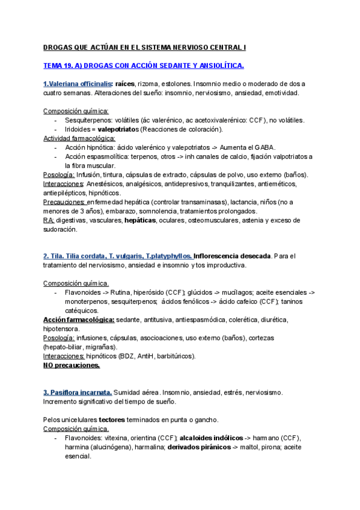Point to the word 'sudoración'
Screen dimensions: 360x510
60,229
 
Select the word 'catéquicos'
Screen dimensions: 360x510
82,310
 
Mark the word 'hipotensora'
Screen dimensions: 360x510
62,328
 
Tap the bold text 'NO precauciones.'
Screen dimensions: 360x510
72,365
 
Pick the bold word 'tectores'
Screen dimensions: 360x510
111,419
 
